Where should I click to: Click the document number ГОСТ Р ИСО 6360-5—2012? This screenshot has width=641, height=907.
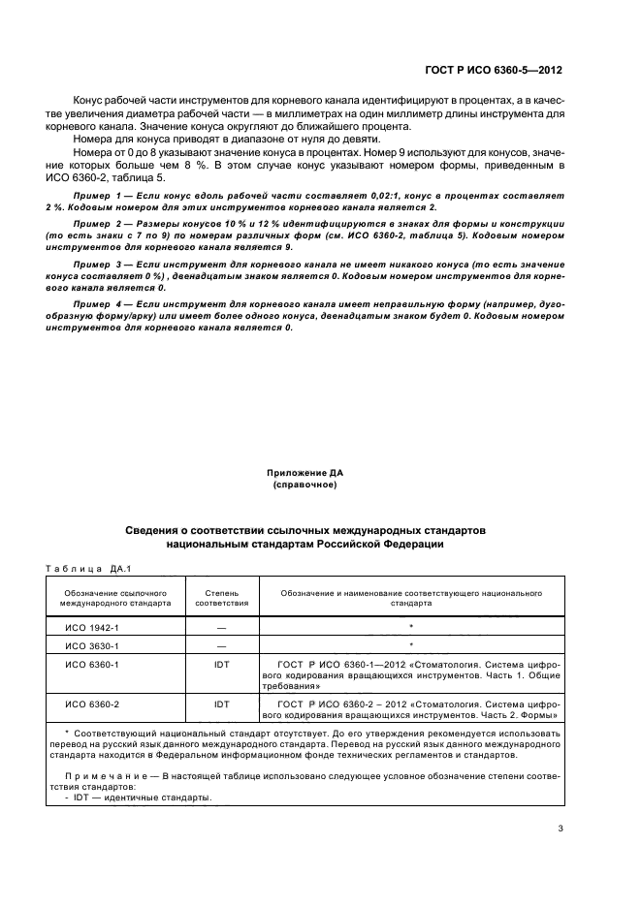coord(494,71)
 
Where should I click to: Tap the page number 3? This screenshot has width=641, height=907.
coord(561,828)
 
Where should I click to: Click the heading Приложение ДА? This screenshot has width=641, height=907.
coord(305,473)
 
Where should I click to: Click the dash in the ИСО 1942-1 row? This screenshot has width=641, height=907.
coord(221,627)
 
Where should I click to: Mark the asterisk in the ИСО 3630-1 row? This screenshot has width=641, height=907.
coord(411,643)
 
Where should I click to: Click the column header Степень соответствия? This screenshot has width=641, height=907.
coord(221,596)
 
